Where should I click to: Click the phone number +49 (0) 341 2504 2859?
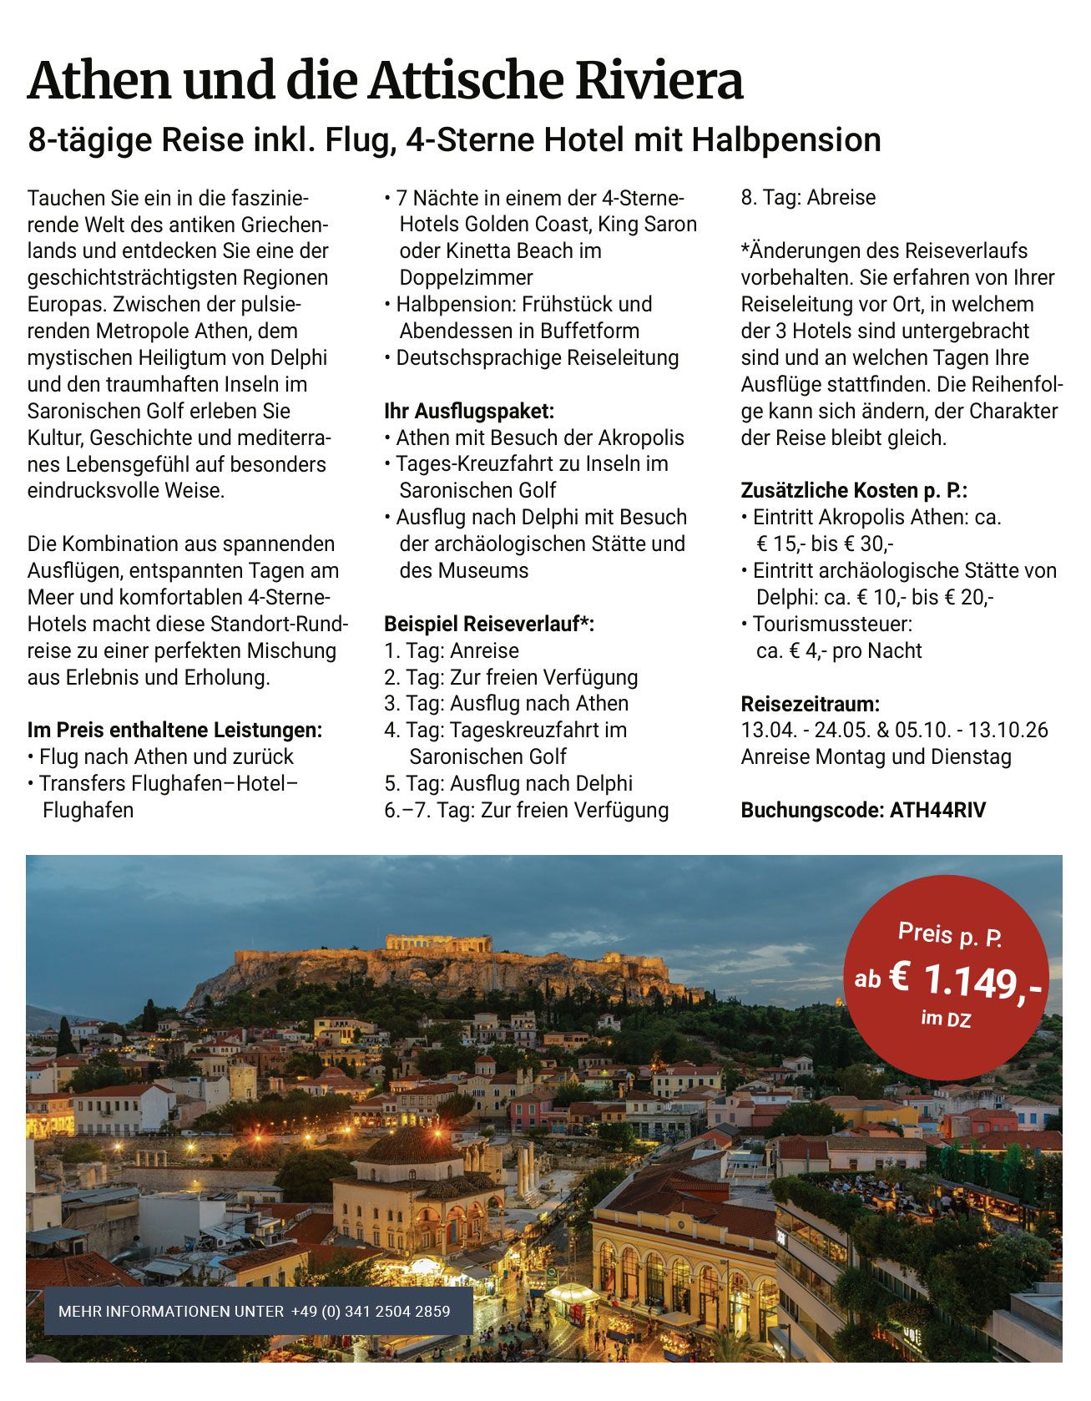[x=371, y=1311]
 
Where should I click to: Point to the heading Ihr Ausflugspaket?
[x=468, y=411]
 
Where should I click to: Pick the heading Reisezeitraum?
[x=810, y=704]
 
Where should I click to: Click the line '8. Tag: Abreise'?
[x=808, y=198]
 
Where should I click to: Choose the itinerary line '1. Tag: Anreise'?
[x=451, y=650]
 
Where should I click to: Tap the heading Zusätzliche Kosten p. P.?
[x=853, y=490]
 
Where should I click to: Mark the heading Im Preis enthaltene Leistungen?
[x=174, y=730]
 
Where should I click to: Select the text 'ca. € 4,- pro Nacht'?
[x=838, y=650]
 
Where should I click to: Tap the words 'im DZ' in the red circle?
[x=946, y=1018]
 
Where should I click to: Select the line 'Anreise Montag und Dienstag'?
[x=876, y=756]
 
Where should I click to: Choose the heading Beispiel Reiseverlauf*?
[x=488, y=624]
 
